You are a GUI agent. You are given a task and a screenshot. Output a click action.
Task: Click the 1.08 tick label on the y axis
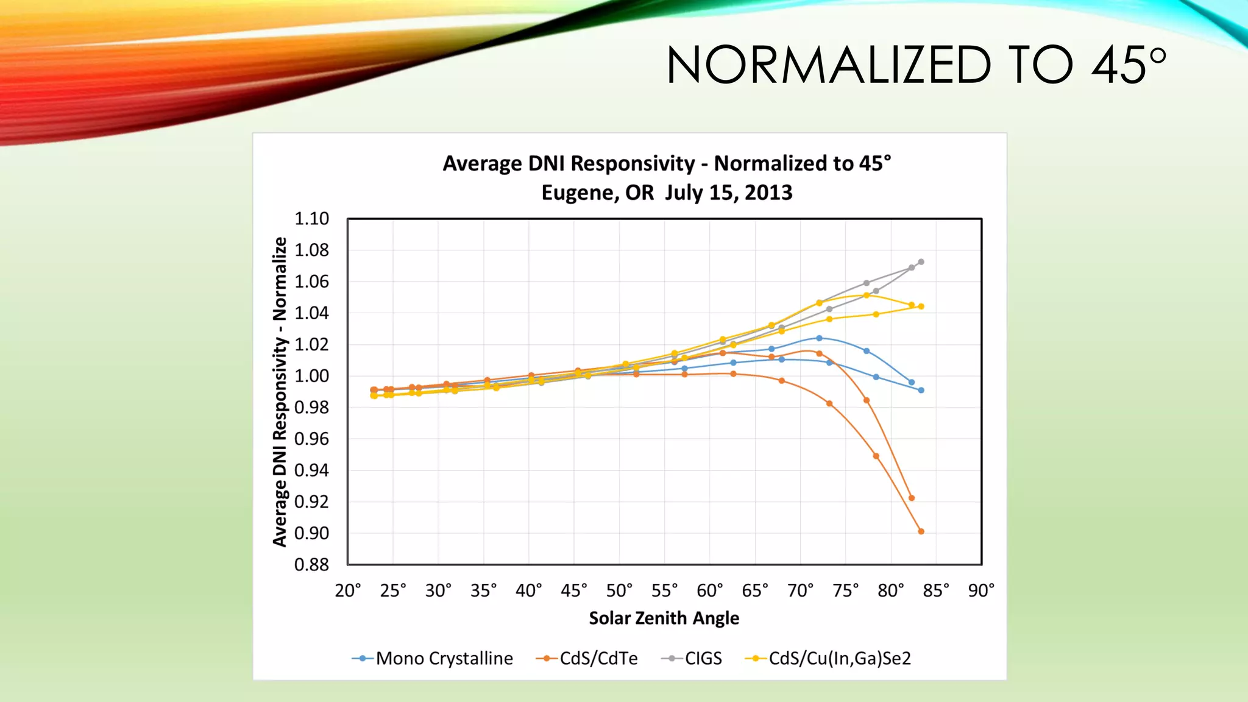coord(311,250)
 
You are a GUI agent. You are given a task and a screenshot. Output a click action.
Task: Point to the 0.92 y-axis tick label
coord(311,502)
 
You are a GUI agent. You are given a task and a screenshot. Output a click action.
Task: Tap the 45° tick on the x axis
coord(573,590)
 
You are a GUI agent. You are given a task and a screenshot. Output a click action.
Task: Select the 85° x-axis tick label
coord(936,590)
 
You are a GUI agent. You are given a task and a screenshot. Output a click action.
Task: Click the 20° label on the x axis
coord(348,590)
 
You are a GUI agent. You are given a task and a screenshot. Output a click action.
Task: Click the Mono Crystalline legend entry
coord(433,658)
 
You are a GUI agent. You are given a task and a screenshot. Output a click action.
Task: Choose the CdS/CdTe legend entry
coord(587,658)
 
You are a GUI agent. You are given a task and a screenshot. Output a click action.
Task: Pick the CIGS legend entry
coord(692,658)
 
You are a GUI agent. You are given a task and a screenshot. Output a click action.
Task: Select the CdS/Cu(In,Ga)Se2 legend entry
coord(828,658)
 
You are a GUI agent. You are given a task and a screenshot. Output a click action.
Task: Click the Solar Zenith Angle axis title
coord(664,618)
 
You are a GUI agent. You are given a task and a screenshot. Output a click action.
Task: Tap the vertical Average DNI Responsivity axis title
coord(280,391)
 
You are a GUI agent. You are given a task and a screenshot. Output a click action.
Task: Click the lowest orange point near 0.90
coord(921,531)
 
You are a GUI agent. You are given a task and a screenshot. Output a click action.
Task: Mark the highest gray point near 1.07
coord(921,262)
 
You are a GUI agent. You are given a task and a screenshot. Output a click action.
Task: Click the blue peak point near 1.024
coord(819,338)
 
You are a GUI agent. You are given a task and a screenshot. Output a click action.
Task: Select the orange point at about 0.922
coord(912,498)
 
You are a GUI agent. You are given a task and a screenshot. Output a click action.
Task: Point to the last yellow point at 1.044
coord(921,307)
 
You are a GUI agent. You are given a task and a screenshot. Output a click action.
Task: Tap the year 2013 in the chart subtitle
coord(768,193)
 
